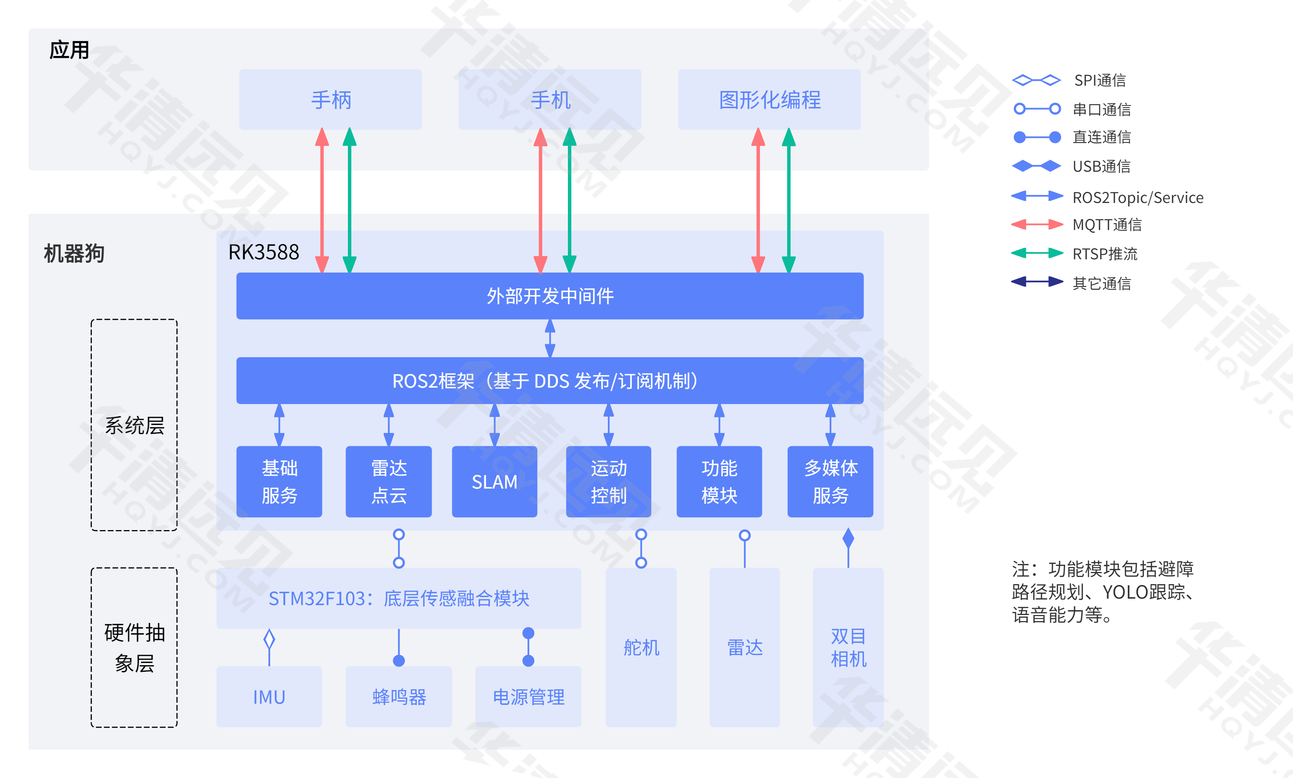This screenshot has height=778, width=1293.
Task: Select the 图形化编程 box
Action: (769, 100)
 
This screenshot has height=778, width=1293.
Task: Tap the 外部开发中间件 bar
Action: (550, 296)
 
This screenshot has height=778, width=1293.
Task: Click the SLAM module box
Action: (494, 481)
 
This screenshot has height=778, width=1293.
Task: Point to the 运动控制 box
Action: (608, 481)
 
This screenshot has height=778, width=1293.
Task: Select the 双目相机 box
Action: (848, 647)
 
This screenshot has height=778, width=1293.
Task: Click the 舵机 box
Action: (641, 647)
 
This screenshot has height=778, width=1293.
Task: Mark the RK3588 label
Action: (263, 252)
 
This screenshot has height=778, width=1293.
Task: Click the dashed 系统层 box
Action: (134, 425)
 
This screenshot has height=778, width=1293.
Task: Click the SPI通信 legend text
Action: (1100, 80)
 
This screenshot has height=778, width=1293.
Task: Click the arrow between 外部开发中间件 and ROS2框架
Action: (550, 338)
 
